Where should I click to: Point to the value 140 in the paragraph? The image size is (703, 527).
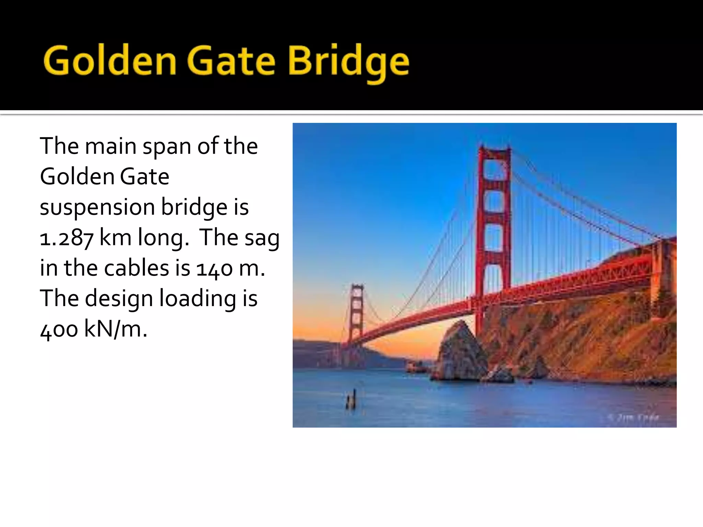coord(215,268)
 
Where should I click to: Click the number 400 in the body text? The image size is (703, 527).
coord(59,329)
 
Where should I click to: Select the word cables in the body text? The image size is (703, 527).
coord(137,268)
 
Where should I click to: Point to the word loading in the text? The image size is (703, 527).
coord(198,298)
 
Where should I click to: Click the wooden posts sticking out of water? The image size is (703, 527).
coord(351,400)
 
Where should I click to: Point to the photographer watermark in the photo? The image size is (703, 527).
coord(634,417)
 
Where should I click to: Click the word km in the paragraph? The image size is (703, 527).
coord(115,238)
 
